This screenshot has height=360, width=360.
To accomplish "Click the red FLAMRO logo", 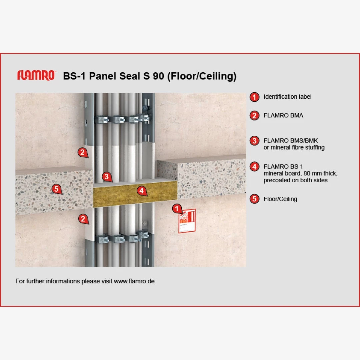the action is point(36,75).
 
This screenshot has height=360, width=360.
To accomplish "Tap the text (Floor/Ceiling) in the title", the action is point(202,76).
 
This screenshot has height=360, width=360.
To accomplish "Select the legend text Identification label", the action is point(287,97).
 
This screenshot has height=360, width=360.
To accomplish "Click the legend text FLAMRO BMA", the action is point(283,115).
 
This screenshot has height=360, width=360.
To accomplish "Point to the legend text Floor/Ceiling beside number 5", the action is point(280,199).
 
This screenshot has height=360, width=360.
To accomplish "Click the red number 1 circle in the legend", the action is point(254,97).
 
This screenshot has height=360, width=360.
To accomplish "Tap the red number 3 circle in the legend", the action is point(254,141).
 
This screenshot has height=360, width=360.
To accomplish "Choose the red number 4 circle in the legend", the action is point(254,167).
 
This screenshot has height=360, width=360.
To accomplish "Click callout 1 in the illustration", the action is point(177,208).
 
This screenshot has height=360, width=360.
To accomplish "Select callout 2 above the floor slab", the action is point(83,152).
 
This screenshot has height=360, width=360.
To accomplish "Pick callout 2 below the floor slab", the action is point(83,219).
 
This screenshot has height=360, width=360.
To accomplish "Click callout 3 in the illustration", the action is point(107,177).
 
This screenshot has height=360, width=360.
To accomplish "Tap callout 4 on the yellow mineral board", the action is point(142,191).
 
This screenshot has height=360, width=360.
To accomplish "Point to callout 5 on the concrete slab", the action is point(56,189).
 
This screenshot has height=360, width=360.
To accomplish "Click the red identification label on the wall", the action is point(187,221).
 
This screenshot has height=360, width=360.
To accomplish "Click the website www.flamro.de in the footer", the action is point(134,281).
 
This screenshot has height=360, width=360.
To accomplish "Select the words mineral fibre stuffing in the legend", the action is point(298,147).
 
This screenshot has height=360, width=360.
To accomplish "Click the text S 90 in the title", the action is point(154,76).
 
